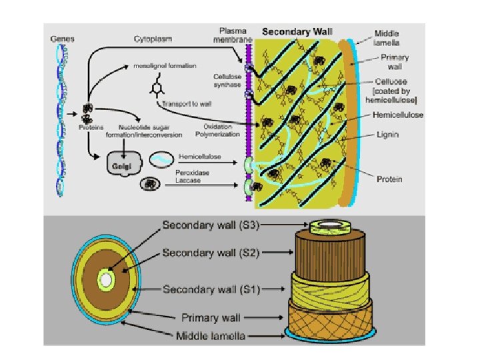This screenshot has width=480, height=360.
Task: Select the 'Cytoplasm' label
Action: click(153, 39)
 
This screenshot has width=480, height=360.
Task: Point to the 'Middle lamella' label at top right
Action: click(387, 37)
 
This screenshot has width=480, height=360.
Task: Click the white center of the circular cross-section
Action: click(106, 281)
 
